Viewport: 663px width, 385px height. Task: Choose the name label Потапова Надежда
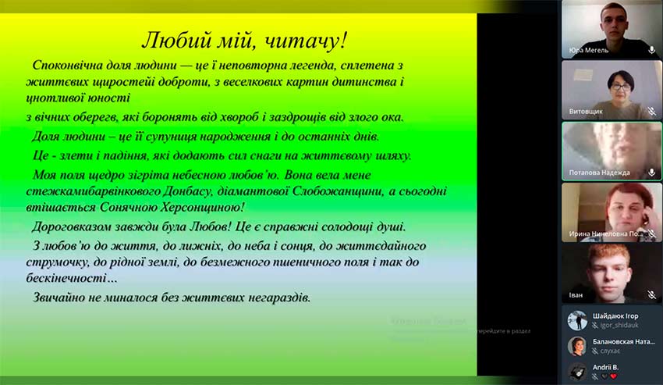(601, 173)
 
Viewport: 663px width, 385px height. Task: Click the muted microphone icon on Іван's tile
(651, 295)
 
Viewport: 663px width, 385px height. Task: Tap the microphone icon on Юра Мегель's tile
(651, 50)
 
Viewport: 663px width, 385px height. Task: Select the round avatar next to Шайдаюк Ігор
(577, 320)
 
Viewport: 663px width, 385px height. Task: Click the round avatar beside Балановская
(577, 346)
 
